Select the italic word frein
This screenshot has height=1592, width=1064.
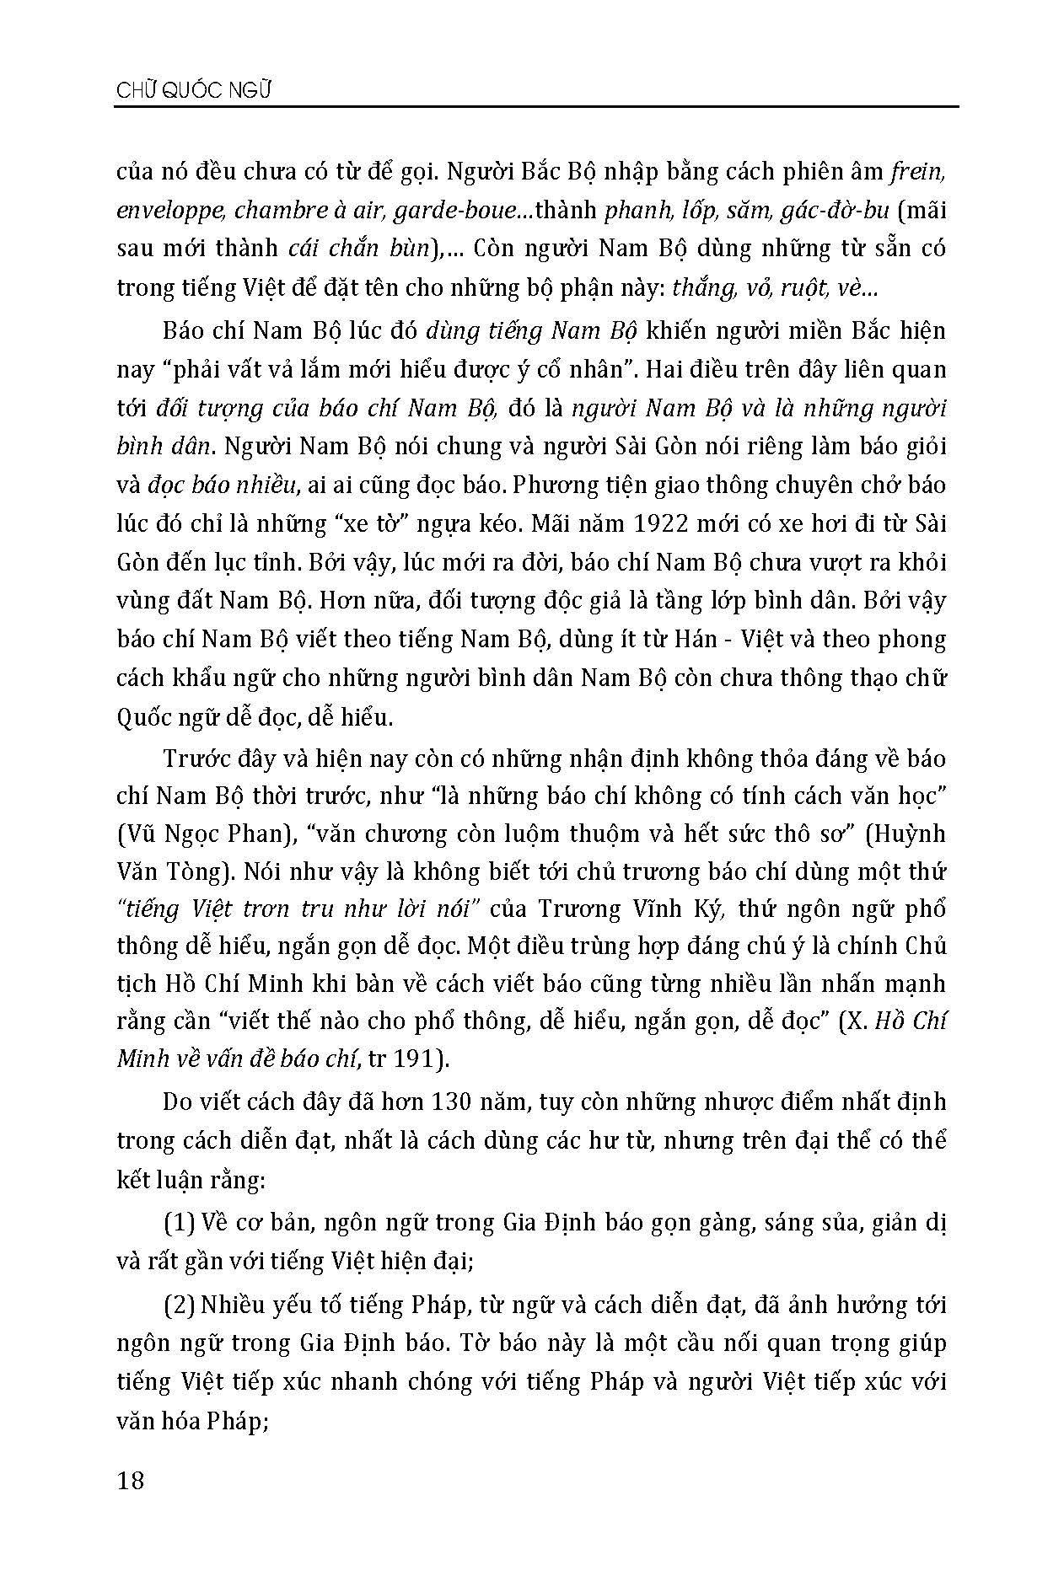click(918, 172)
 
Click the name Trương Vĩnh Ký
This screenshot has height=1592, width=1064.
click(639, 911)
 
